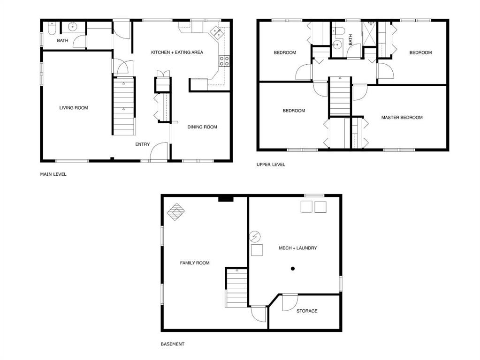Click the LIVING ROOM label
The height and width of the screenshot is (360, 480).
pos(74,108)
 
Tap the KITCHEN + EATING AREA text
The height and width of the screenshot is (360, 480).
pos(177,52)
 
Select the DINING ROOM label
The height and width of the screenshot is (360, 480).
pos(202,127)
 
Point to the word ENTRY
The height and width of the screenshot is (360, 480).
pos(142,144)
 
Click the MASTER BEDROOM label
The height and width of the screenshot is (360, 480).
pos(402,118)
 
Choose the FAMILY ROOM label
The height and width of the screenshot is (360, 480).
pos(195,263)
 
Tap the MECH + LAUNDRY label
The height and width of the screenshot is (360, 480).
pos(297,248)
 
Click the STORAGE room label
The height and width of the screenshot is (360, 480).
pos(307,311)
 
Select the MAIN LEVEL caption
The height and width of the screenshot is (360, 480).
pos(53,174)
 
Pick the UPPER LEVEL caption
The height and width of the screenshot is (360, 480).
pos(271,165)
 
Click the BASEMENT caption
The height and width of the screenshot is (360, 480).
pos(172,344)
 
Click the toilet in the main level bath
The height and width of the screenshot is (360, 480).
pos(52,29)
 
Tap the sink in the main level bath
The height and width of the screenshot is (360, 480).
pos(72,27)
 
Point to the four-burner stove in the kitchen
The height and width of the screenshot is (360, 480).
pos(224,61)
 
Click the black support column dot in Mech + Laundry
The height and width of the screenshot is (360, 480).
pos(293,269)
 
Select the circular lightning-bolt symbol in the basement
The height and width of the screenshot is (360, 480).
pos(255,236)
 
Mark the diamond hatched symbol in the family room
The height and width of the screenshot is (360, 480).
pos(176,212)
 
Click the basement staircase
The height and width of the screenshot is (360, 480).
pos(236,288)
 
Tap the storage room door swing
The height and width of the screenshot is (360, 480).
pos(290,302)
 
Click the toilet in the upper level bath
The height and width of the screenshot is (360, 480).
pos(339,30)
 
